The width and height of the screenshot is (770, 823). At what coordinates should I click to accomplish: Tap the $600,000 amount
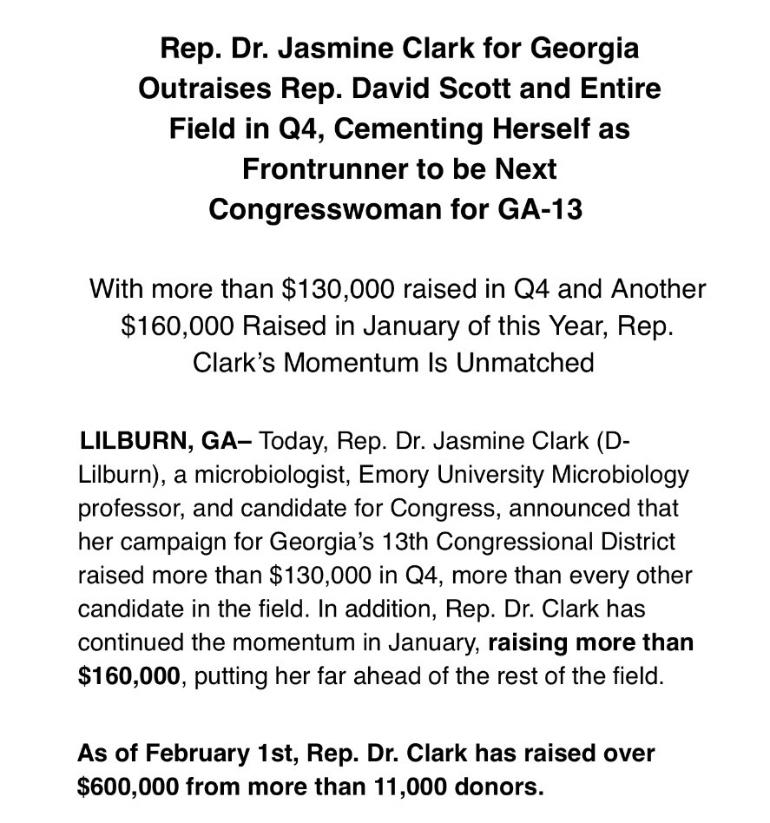(127, 787)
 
